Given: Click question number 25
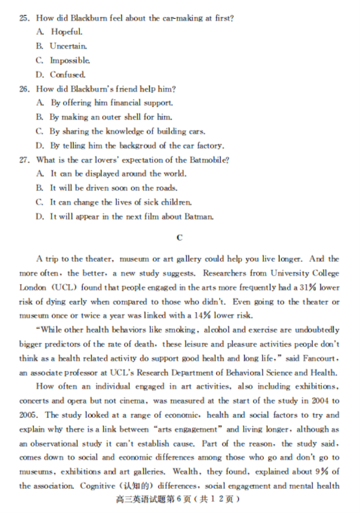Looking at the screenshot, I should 24,18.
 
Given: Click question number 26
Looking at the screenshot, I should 24,89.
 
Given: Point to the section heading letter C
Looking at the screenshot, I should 179,238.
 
